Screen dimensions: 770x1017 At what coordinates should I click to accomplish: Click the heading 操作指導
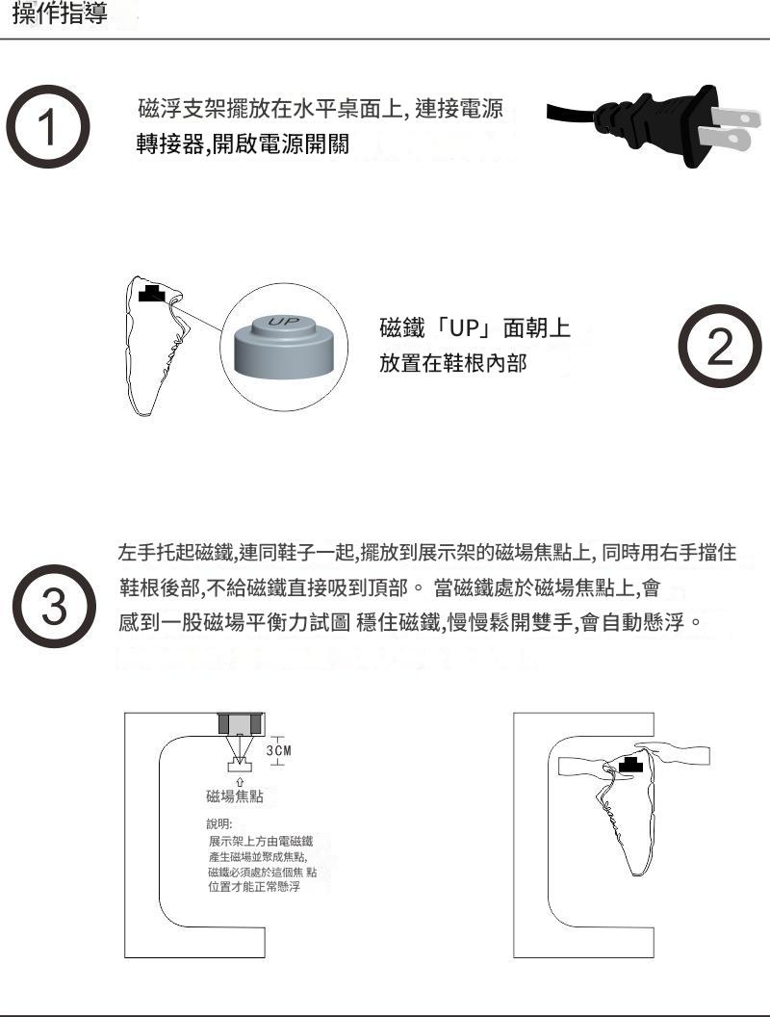coord(60,13)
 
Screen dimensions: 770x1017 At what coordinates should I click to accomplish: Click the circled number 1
coord(48,126)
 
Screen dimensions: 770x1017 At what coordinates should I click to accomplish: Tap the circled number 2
coord(720,346)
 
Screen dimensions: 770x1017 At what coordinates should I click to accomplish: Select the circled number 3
coord(55,606)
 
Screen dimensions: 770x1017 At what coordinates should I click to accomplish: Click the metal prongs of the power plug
coord(733,127)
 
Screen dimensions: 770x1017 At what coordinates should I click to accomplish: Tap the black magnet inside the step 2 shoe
coord(152,293)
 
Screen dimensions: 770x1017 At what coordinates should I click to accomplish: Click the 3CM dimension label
coord(279,750)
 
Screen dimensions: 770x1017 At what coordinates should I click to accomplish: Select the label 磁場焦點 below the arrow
coord(235,795)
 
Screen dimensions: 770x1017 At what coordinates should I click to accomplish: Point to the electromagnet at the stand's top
coord(242,724)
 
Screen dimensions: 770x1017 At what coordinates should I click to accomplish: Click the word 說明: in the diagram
coord(219,823)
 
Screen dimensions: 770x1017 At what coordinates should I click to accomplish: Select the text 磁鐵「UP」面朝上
coord(475,328)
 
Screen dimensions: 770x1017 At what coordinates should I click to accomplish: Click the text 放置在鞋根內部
coord(453,363)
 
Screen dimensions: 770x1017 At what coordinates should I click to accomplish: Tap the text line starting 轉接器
coord(244,144)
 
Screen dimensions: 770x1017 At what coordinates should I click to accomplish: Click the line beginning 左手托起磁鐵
coord(427,553)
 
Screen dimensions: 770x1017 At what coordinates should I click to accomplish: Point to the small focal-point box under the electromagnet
coord(240,766)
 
